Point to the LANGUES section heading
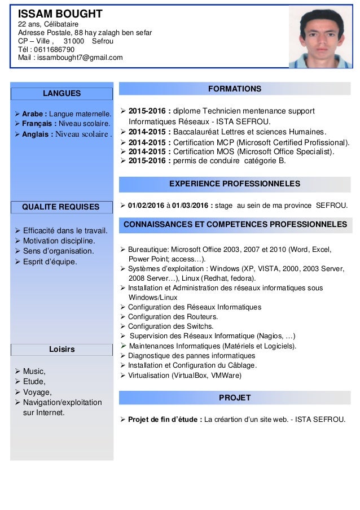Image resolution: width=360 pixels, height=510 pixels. click(62, 93)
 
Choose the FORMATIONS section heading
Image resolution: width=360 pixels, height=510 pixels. click(235, 89)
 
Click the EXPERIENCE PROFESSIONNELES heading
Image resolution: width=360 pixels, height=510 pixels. click(235, 184)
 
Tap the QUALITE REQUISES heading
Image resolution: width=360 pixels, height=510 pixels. click(60, 207)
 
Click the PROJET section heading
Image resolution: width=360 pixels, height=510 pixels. click(235, 398)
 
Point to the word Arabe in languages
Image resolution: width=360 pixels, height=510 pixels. click(33, 112)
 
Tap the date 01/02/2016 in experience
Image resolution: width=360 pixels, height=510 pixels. click(148, 204)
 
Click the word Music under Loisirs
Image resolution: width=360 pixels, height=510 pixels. click(33, 371)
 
